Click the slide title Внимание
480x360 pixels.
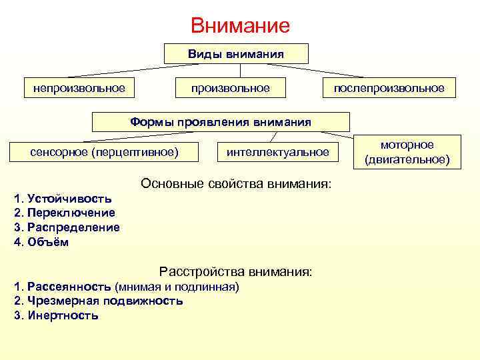(x=240, y=26)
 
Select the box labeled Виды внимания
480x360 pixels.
(x=236, y=54)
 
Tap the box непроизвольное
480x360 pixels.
(x=75, y=88)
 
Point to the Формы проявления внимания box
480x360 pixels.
(x=221, y=122)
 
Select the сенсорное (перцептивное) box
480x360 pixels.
(x=105, y=152)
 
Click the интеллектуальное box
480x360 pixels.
(x=278, y=152)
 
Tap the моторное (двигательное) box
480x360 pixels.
(x=407, y=152)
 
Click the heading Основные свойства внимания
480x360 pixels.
(x=235, y=183)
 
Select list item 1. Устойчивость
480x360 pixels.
(x=63, y=199)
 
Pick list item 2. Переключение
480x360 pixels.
(x=64, y=213)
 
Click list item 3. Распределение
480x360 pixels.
(x=67, y=227)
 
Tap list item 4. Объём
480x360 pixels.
(x=41, y=242)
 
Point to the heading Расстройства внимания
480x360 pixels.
(x=235, y=272)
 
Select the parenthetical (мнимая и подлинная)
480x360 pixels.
(x=177, y=287)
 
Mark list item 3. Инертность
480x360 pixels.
(x=56, y=315)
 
